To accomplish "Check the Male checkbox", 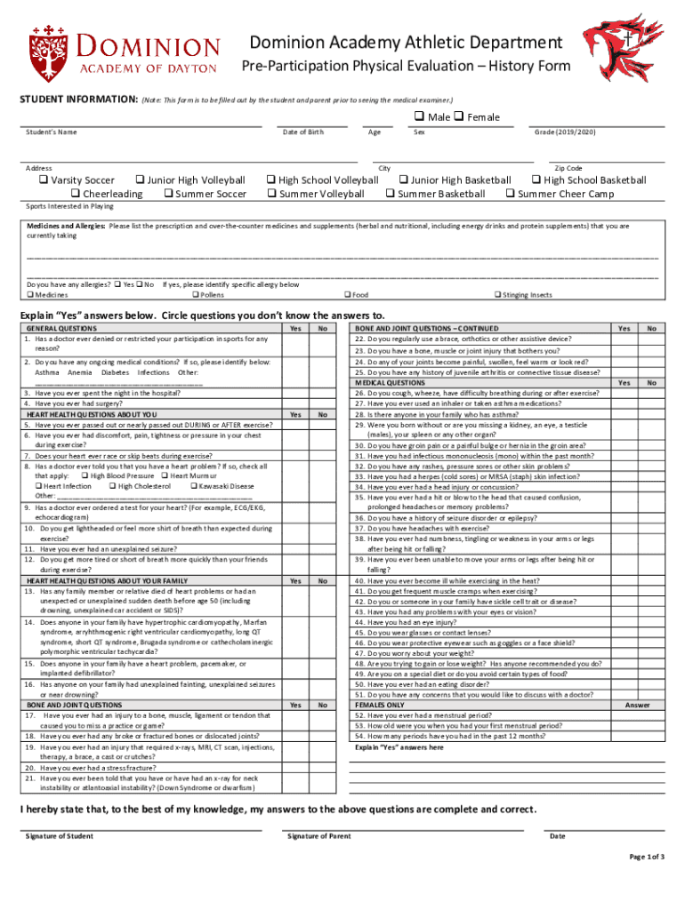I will (x=417, y=117).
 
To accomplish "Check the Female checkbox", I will (x=459, y=117).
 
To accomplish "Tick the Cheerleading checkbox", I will (x=76, y=194).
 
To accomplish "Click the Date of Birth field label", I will (x=302, y=132).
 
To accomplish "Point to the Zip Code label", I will (x=568, y=168).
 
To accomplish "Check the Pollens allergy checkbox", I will (x=195, y=295).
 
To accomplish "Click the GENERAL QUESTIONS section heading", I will (x=61, y=329).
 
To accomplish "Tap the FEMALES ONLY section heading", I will (x=379, y=705).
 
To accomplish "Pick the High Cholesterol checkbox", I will (x=111, y=487).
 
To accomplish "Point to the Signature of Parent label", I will (x=318, y=836).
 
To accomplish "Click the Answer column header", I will (x=637, y=705).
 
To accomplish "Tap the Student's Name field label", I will (x=51, y=132).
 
